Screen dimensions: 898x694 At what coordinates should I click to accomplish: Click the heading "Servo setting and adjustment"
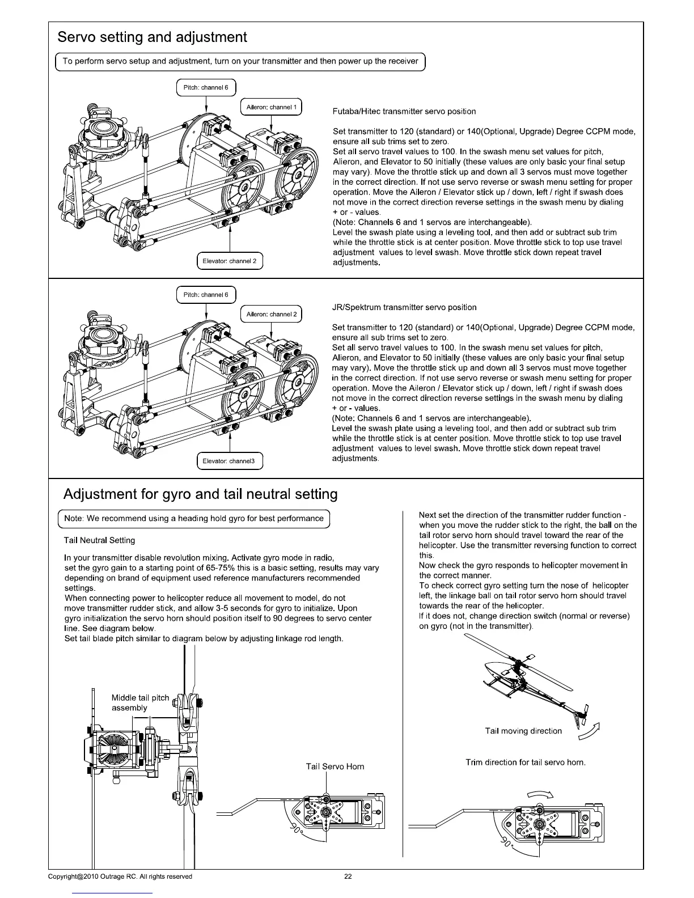click(152, 37)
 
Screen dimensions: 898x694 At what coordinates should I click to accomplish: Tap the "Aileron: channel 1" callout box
click(271, 107)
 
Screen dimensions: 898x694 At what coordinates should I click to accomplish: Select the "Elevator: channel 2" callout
click(230, 261)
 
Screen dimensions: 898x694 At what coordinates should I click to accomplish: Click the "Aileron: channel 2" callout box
click(271, 314)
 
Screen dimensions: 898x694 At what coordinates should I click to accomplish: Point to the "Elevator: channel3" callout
click(229, 461)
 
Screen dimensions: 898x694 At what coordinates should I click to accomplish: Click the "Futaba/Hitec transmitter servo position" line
click(404, 111)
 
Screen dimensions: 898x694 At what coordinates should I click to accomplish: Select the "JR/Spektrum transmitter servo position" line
click(404, 307)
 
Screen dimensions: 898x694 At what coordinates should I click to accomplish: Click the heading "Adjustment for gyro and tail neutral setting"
click(200, 494)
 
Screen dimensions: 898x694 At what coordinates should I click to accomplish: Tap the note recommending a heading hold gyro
click(194, 518)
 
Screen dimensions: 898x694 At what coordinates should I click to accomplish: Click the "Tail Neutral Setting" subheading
click(100, 540)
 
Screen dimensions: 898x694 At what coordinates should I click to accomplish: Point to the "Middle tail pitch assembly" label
click(140, 702)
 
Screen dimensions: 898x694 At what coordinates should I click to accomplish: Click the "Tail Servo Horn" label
click(335, 766)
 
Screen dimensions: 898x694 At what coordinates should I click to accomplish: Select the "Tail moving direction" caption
click(523, 731)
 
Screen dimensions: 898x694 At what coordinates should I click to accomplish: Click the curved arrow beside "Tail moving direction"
click(589, 732)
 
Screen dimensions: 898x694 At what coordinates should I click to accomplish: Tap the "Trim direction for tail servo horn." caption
click(525, 763)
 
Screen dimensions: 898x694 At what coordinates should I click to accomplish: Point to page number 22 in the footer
click(348, 876)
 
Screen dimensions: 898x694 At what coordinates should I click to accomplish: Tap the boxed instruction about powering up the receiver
click(240, 61)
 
